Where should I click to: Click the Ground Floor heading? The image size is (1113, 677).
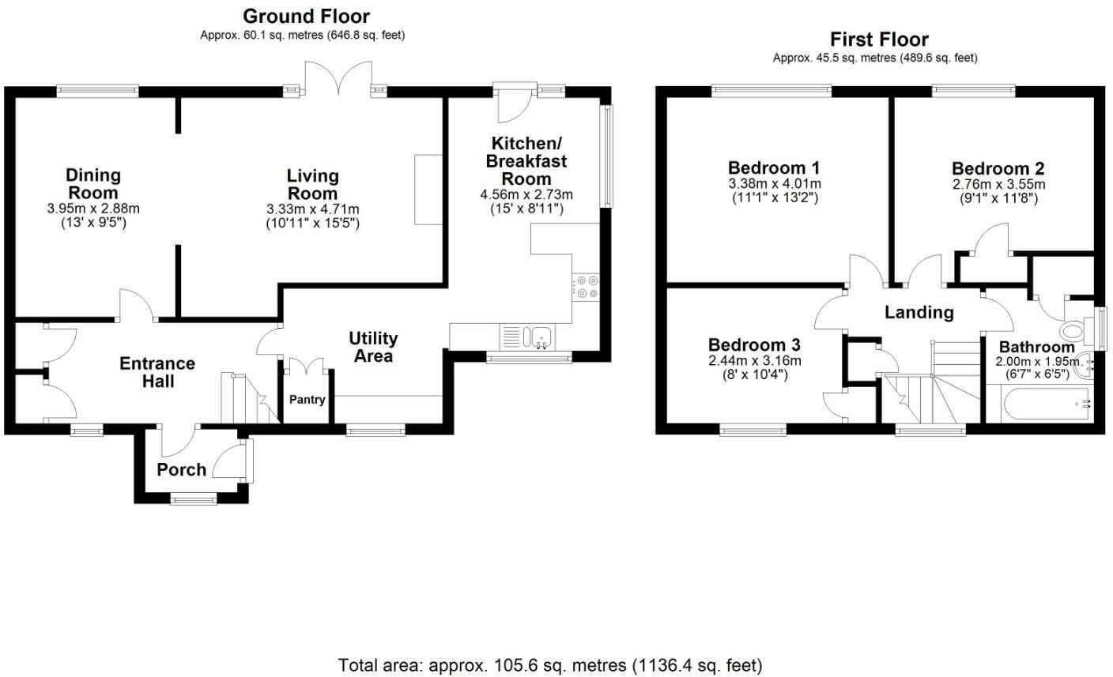point(306,16)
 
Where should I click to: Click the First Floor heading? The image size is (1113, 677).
point(879,39)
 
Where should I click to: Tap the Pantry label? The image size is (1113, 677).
point(307,400)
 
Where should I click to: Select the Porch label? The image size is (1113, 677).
point(181,469)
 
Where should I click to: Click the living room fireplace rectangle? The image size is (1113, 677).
point(428,190)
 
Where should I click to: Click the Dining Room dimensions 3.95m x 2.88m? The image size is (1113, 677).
point(93,209)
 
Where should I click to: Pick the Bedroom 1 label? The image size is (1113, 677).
point(773,168)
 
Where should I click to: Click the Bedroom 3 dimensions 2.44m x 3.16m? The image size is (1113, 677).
point(754,361)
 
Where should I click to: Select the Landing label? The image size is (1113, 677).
point(919,312)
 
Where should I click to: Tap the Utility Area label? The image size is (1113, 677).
point(373,347)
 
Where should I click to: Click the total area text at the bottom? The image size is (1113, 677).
point(550,665)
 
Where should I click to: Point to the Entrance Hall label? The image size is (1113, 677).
point(157,372)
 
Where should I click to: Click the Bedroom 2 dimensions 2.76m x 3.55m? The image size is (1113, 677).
point(998,184)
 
